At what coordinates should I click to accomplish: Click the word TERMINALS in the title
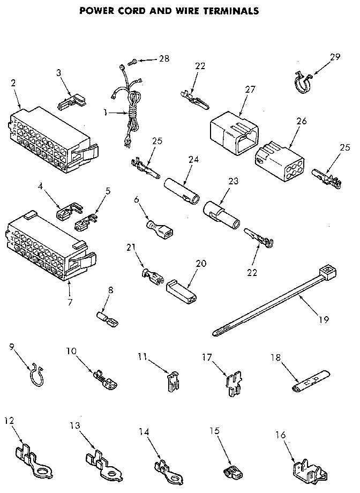point(222,10)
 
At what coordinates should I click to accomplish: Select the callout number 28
point(163,59)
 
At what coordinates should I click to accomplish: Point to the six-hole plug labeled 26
point(275,153)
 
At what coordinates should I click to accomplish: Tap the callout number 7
point(70,294)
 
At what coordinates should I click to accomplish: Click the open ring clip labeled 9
point(36,373)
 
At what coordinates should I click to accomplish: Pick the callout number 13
point(76,426)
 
